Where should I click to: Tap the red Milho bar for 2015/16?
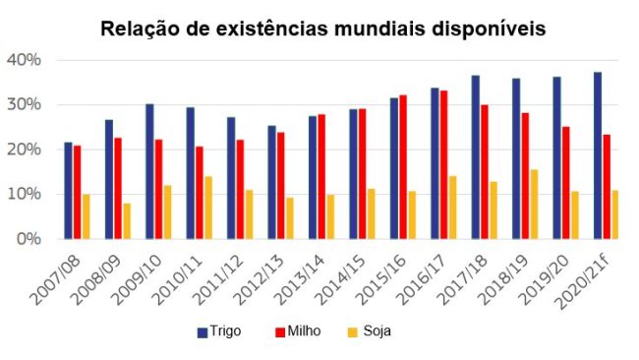click(x=402, y=166)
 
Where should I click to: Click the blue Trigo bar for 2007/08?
click(x=68, y=190)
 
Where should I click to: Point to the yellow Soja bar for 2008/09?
click(x=128, y=220)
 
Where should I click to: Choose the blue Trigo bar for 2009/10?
click(x=149, y=171)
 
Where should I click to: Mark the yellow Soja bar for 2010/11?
click(x=208, y=207)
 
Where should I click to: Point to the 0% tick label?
click(x=28, y=239)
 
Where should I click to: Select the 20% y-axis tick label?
click(x=24, y=150)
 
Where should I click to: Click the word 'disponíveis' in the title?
click(x=490, y=29)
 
